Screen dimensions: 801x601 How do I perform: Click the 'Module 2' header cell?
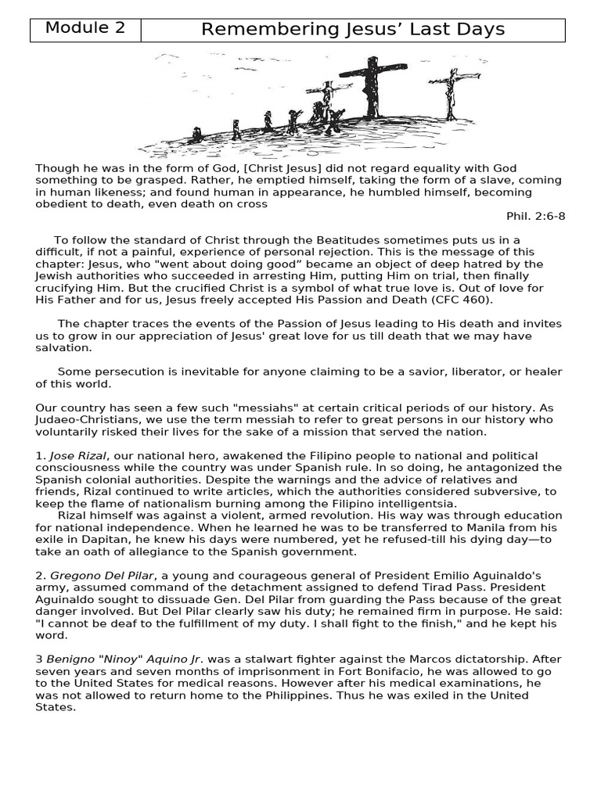click(85, 29)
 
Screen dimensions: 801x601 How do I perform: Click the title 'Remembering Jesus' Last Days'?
click(352, 30)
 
